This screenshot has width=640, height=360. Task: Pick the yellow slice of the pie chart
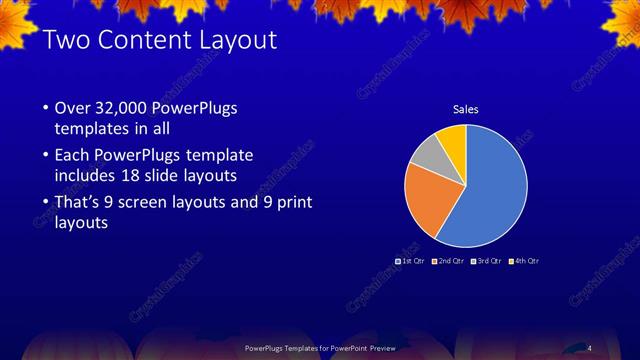(452, 139)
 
